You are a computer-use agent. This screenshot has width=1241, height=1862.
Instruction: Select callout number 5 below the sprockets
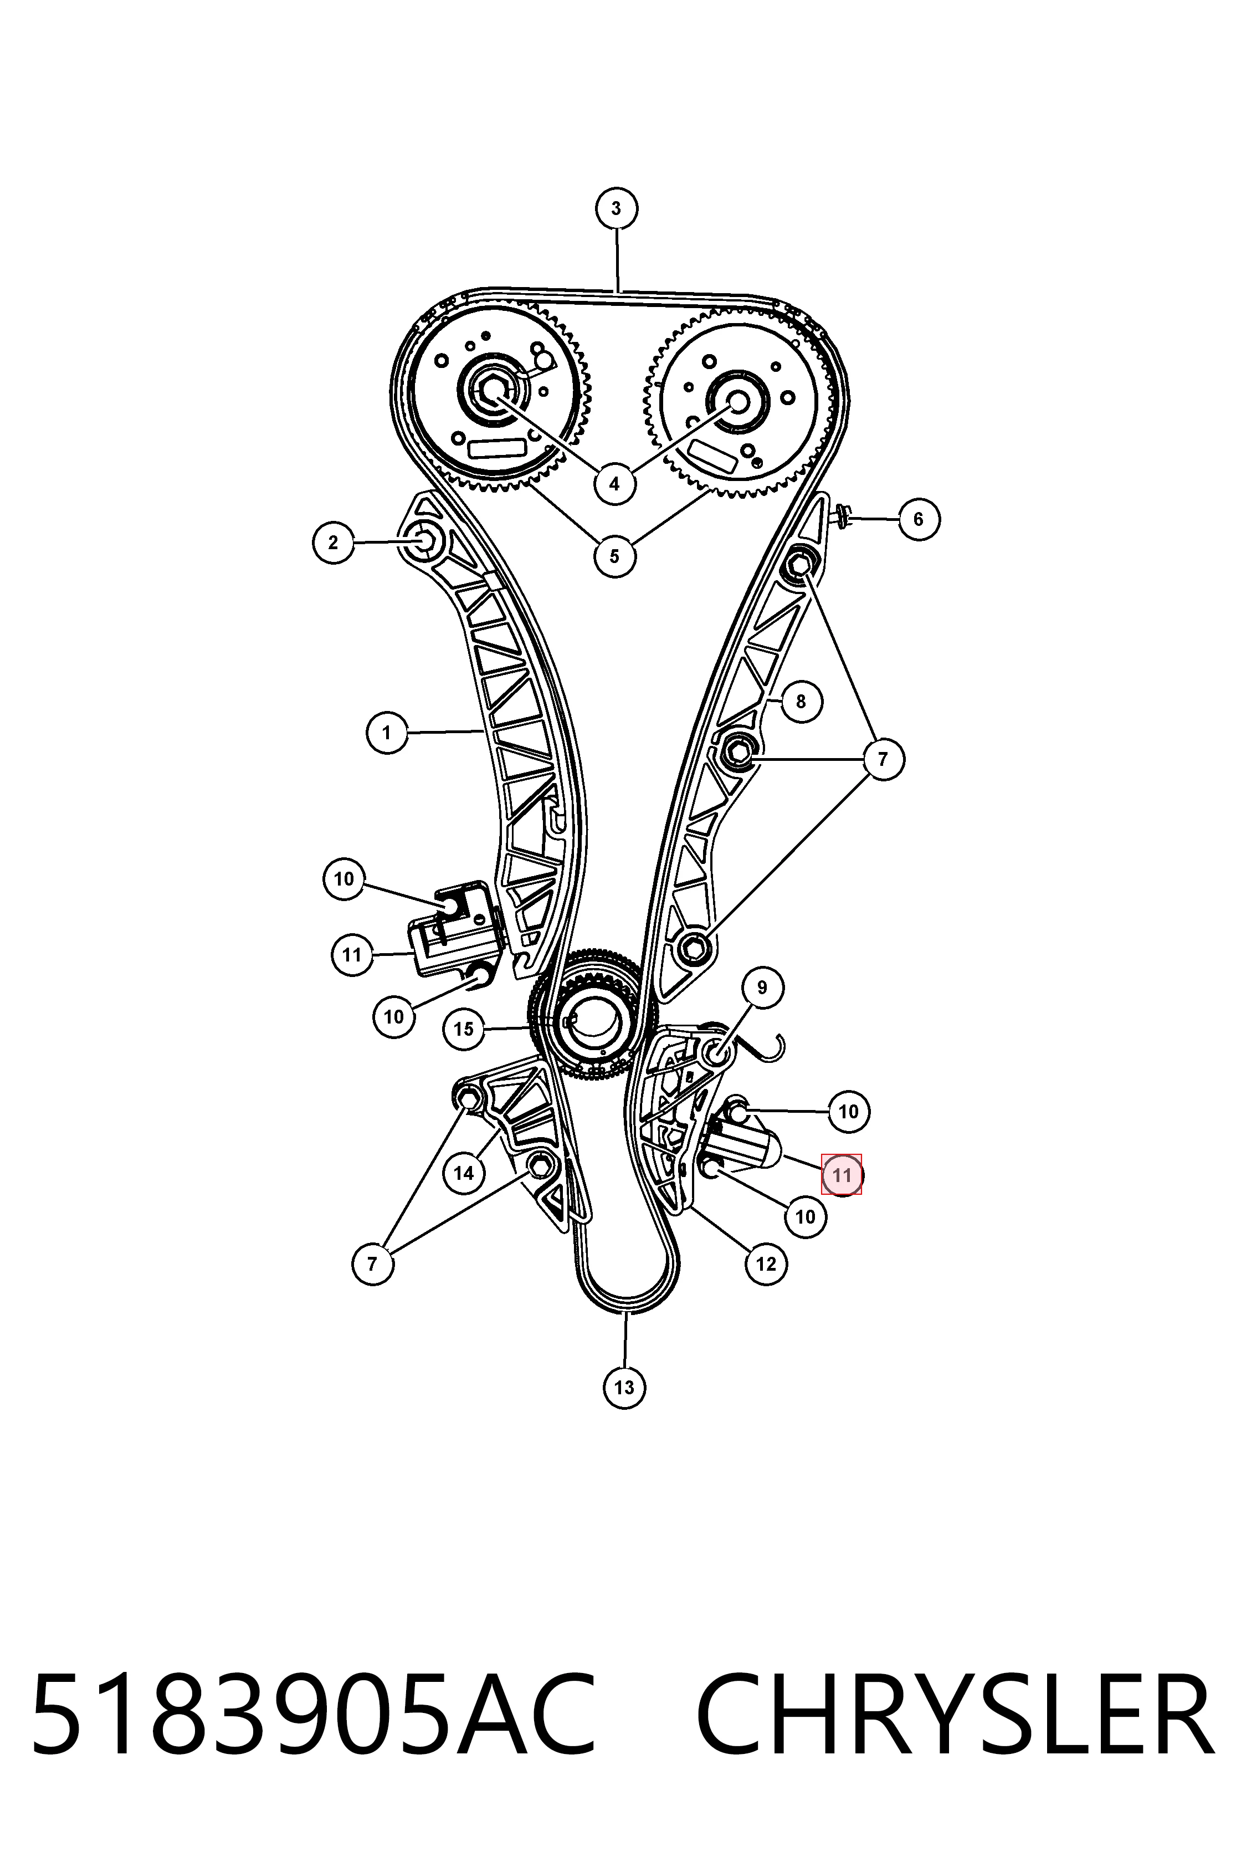[x=615, y=556]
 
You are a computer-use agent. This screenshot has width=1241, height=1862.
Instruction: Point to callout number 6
[x=918, y=519]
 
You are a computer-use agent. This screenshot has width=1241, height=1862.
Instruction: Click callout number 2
[x=333, y=543]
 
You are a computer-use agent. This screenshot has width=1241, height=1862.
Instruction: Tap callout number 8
[x=801, y=702]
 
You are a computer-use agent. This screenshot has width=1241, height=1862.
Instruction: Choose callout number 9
[x=762, y=987]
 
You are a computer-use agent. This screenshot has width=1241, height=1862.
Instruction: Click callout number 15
[x=464, y=1029]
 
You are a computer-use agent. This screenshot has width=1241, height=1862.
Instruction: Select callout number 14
[x=464, y=1173]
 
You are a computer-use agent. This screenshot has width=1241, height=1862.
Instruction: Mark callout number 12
[x=766, y=1263]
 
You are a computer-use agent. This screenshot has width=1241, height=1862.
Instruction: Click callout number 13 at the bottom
[x=624, y=1388]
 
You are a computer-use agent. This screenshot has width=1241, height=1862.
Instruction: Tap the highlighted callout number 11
[x=842, y=1175]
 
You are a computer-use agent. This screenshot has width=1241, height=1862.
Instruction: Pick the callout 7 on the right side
[x=883, y=759]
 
